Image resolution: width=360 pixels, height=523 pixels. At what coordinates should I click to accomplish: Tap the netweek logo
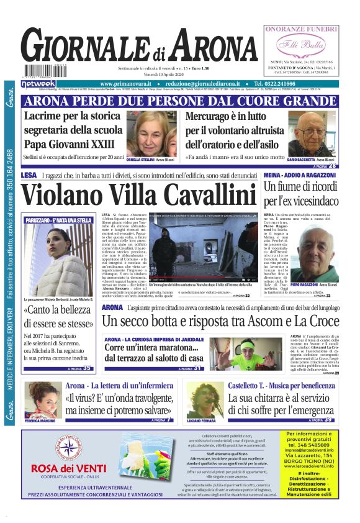click(38, 84)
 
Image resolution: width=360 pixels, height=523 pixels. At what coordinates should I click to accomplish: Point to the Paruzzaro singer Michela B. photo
click(57, 260)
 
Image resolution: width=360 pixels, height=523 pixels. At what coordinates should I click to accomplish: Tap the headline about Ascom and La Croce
click(220, 321)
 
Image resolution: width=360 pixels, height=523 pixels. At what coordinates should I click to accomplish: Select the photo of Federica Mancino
click(43, 399)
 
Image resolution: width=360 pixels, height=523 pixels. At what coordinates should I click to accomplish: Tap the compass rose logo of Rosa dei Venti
click(69, 448)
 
